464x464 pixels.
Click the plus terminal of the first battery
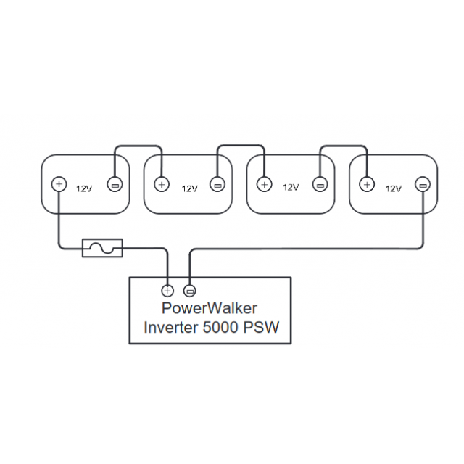click(59, 184)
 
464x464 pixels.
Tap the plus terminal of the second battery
click(162, 184)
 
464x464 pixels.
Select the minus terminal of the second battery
click(217, 184)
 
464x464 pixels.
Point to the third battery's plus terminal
click(264, 184)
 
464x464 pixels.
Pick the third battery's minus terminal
click(320, 184)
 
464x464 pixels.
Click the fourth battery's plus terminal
click(367, 184)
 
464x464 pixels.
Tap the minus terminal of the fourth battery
click(423, 184)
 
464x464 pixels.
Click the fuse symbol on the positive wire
click(103, 248)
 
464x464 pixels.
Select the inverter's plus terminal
click(168, 290)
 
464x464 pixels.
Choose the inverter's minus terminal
click(190, 290)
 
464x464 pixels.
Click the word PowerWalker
click(210, 309)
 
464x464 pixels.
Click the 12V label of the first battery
click(84, 188)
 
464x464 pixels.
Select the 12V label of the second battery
click(189, 188)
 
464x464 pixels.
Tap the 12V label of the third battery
click(291, 188)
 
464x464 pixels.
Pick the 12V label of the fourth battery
click(394, 188)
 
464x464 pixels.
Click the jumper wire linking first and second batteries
click(138, 147)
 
